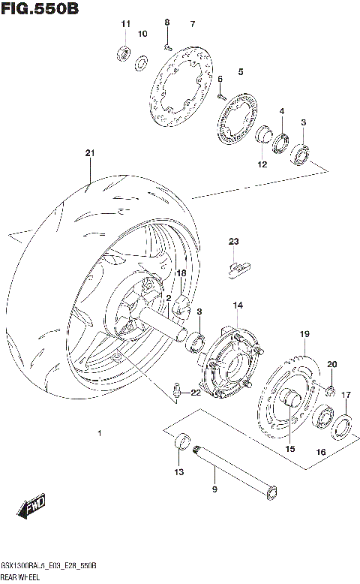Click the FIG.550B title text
(x=40, y=9)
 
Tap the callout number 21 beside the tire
(x=90, y=153)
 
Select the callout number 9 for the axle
(x=214, y=489)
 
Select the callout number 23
(x=233, y=241)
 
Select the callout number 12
(x=262, y=164)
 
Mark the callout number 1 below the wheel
(x=99, y=434)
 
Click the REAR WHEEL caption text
(x=25, y=574)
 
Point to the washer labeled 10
(x=141, y=62)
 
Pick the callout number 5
(x=241, y=72)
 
